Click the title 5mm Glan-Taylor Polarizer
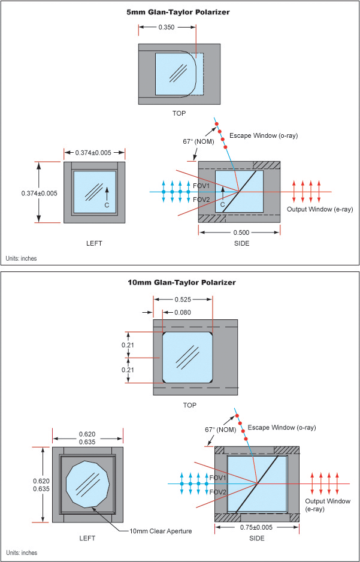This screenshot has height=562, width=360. [x=180, y=11]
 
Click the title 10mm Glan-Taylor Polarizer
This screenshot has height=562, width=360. [x=180, y=282]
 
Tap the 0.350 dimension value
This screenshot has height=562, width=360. [x=167, y=27]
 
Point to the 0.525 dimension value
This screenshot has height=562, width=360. [x=183, y=300]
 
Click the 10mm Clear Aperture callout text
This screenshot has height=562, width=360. [x=161, y=531]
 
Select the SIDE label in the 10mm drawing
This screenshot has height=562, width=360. [x=258, y=538]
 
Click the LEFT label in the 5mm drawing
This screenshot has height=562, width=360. [x=94, y=243]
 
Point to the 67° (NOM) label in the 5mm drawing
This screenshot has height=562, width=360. [x=198, y=142]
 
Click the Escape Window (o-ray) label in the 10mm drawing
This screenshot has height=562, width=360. [x=282, y=427]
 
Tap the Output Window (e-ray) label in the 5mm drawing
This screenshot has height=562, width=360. [x=320, y=209]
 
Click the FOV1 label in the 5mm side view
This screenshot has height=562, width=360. [x=201, y=186]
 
